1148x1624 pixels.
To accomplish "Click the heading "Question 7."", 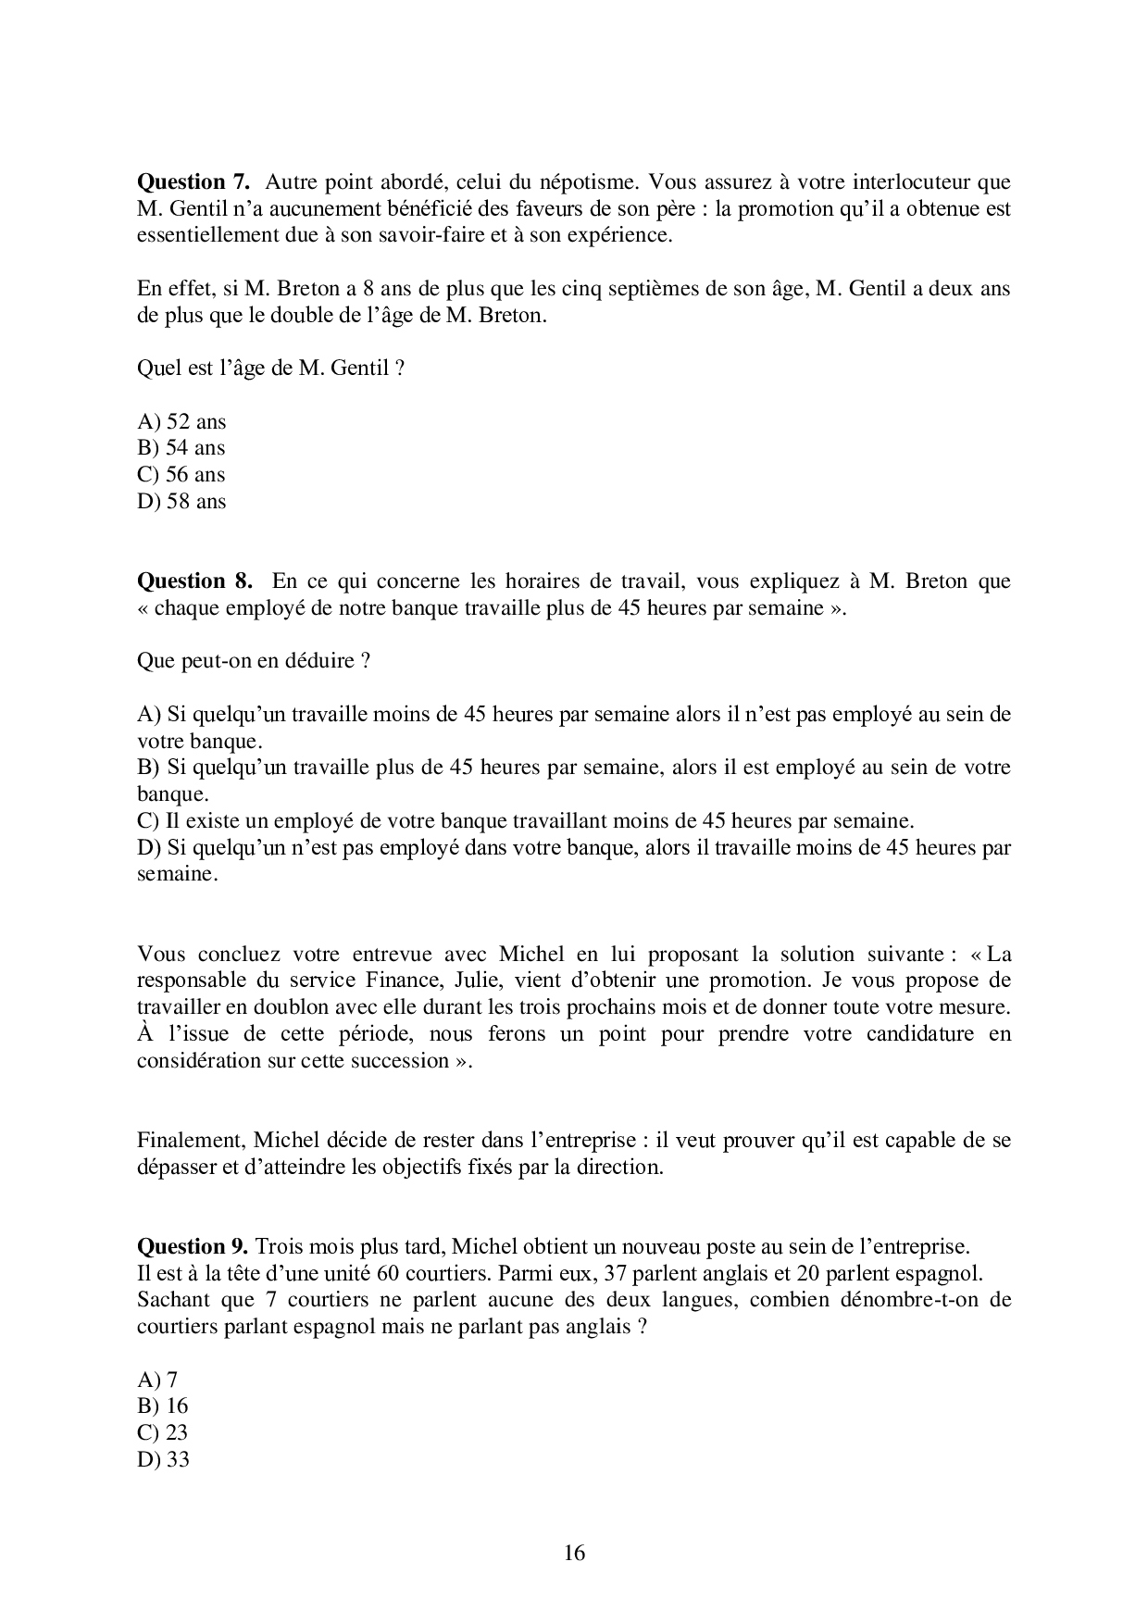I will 193,181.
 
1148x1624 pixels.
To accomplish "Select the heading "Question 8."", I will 193,581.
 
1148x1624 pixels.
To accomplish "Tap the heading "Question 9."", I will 192,1245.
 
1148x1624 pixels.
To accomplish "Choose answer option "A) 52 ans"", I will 181,422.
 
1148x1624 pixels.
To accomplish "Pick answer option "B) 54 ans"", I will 181,448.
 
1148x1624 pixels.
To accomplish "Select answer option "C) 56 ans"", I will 181,475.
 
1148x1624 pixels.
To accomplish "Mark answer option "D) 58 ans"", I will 181,502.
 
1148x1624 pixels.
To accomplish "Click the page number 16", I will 574,1553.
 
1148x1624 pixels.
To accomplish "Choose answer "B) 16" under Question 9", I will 163,1406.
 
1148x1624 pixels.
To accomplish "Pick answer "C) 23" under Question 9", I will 163,1433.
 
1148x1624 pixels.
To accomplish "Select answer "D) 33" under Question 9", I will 163,1460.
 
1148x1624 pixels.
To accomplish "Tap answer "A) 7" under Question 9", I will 157,1380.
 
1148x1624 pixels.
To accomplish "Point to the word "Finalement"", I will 189,1140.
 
